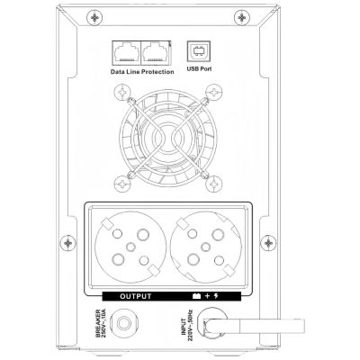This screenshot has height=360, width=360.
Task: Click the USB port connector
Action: [199, 52]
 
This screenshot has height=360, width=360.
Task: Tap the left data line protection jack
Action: [126, 52]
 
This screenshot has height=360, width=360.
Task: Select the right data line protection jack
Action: [155, 52]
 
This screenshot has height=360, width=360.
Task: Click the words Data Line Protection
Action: [142, 72]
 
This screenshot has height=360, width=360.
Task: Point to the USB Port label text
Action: [199, 68]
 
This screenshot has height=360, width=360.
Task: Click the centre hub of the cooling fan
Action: [168, 139]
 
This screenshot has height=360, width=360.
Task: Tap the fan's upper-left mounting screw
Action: [122, 93]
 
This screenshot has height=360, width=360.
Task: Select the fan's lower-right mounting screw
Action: [214, 184]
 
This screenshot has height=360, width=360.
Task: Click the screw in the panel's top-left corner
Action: [94, 18]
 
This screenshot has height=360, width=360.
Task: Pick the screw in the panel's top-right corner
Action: [242, 18]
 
